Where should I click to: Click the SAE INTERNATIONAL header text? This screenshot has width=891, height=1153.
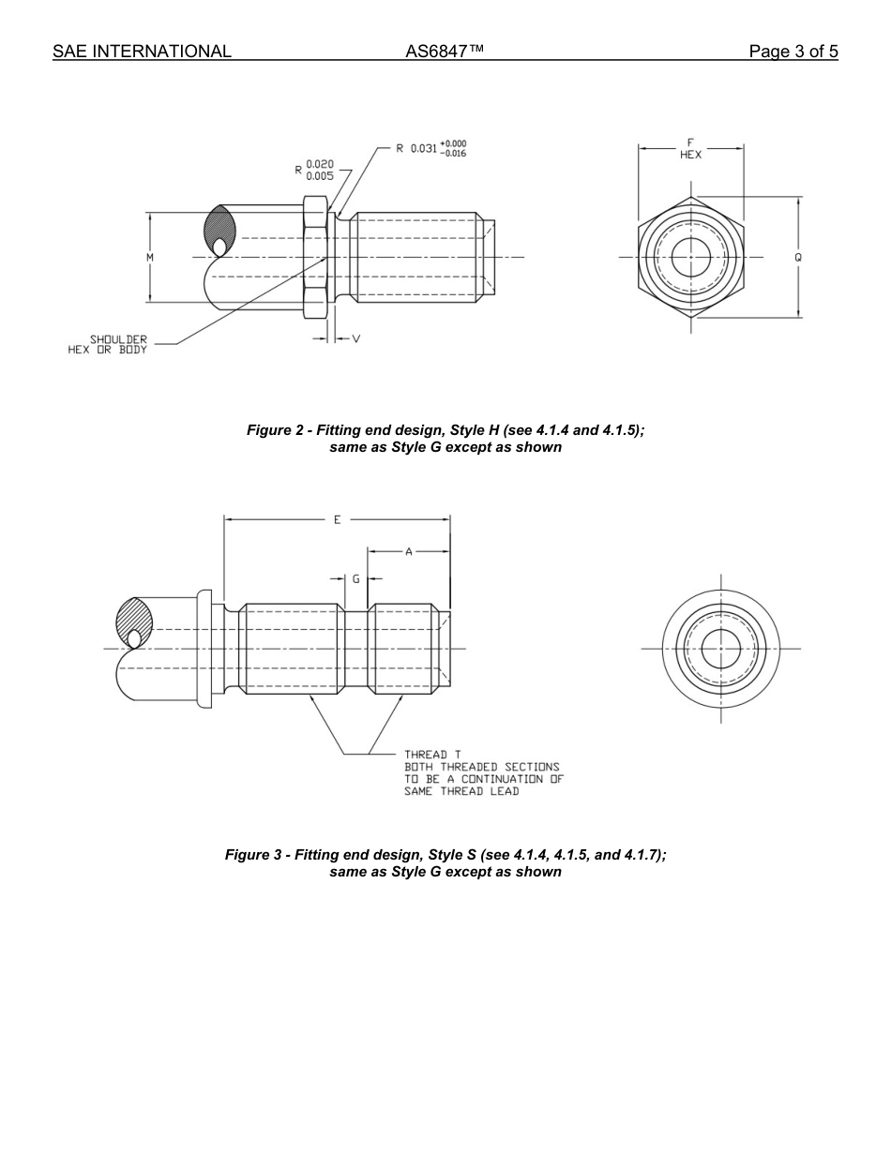point(142,52)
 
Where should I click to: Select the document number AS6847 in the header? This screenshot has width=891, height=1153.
point(445,52)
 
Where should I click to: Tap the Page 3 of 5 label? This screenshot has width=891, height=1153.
point(793,52)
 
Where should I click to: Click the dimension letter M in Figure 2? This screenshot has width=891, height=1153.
point(150,257)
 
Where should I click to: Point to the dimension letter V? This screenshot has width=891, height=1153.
point(355,338)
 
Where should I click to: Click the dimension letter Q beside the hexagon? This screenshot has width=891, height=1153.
point(798,257)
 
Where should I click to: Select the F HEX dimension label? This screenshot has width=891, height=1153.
point(690,149)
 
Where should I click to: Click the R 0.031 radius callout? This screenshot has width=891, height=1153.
point(430,148)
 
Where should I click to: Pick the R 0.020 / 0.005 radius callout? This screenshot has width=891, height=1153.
point(314,170)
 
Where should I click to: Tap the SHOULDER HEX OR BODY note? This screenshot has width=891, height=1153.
point(108,344)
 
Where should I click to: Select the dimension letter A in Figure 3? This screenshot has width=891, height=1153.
point(409,552)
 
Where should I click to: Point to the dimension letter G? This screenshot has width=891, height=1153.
point(355,579)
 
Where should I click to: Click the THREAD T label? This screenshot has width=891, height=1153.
point(432,754)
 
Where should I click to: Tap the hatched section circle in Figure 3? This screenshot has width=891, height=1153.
point(132,621)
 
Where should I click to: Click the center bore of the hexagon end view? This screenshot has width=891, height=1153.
point(691,257)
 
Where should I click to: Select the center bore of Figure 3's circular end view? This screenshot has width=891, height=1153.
point(720,649)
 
